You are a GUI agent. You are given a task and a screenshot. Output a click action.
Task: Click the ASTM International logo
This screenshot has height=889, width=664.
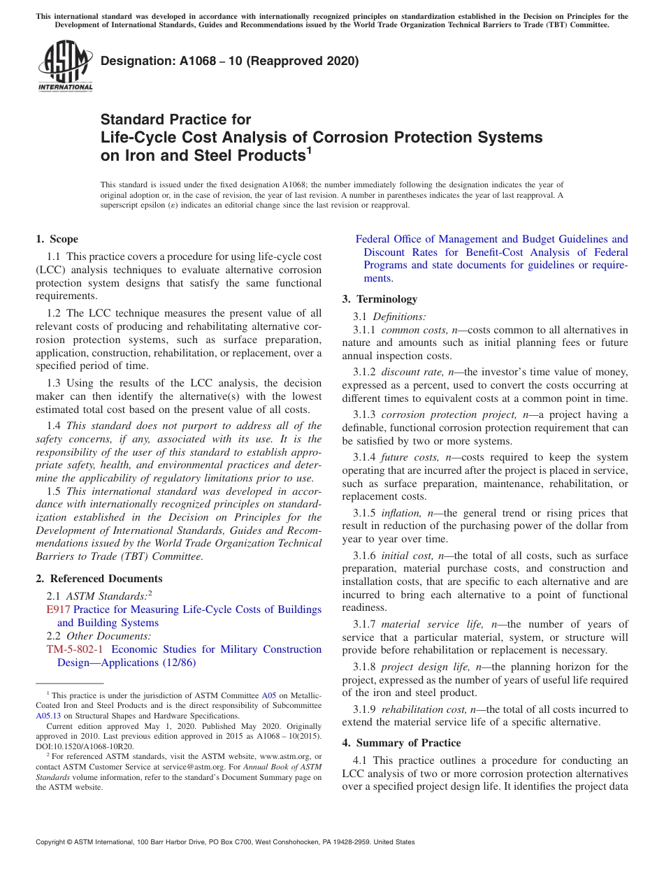(x=65, y=66)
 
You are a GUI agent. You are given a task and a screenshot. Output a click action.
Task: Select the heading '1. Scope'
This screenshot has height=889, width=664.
(x=57, y=239)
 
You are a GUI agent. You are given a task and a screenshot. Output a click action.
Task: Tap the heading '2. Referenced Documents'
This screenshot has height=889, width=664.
(x=99, y=579)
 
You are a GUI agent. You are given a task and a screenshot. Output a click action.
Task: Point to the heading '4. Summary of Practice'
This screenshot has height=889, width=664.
(x=401, y=742)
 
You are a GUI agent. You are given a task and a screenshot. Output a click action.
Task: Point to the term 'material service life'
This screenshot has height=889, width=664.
(x=432, y=624)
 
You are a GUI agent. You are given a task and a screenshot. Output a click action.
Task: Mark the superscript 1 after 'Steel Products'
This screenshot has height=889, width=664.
(x=309, y=150)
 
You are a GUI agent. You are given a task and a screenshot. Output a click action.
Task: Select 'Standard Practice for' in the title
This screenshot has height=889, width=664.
(x=175, y=120)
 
